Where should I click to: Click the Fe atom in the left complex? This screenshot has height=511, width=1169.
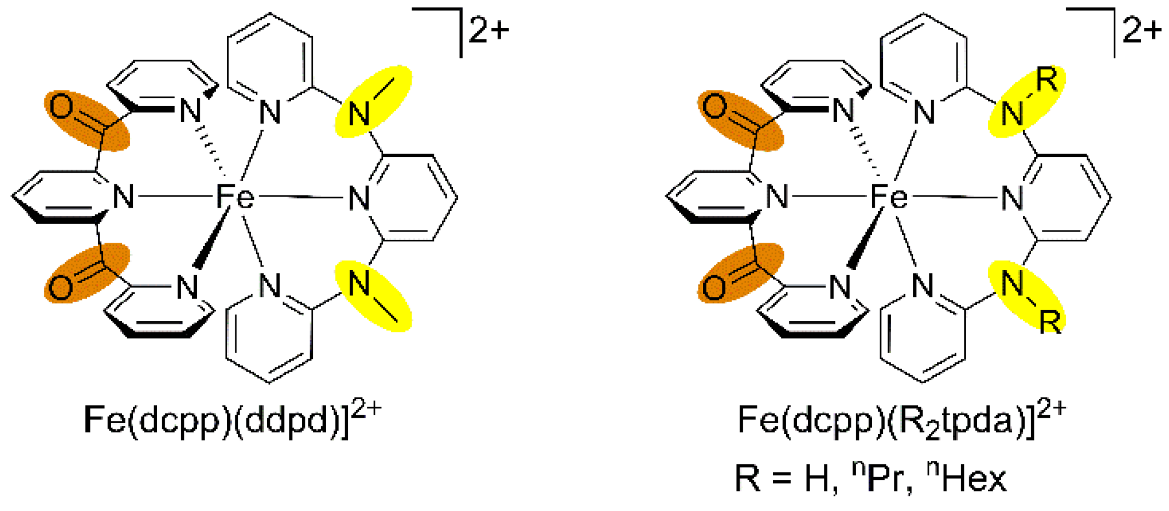(x=235, y=197)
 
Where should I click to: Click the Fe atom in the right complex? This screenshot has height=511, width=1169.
(x=889, y=197)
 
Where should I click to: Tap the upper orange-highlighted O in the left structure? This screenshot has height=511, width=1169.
(x=61, y=107)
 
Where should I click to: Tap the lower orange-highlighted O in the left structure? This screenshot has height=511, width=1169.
(x=61, y=288)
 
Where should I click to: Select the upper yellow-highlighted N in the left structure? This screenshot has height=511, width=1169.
(x=359, y=113)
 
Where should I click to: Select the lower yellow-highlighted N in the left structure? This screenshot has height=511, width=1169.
(x=359, y=284)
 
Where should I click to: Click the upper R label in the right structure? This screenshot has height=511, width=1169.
(x=1047, y=80)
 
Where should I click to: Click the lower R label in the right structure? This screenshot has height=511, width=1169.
(x=1050, y=321)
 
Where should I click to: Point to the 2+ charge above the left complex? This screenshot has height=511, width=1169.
(x=489, y=30)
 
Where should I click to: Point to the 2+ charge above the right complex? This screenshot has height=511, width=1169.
(x=1143, y=30)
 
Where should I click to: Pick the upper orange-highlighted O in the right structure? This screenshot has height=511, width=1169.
(x=715, y=107)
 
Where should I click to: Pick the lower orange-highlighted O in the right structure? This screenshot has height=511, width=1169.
(x=714, y=288)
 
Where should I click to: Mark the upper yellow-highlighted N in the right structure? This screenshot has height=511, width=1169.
(x=1013, y=113)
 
